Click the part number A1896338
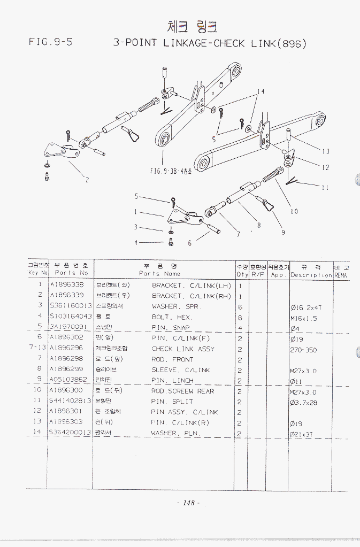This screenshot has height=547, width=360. pyautogui.click(x=66, y=285)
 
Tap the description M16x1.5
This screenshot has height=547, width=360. pyautogui.click(x=304, y=317)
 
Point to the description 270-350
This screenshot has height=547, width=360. pyautogui.click(x=303, y=349)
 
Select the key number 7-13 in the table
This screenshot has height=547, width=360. pyautogui.click(x=36, y=349)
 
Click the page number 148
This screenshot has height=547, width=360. pyautogui.click(x=188, y=503)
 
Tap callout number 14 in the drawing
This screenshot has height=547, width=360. pyautogui.click(x=260, y=92)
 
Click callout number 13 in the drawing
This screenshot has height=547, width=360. pyautogui.click(x=326, y=151)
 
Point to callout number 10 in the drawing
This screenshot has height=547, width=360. pyautogui.click(x=294, y=211)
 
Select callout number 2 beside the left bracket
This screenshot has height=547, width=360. pyautogui.click(x=87, y=179)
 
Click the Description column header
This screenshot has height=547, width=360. pyautogui.click(x=311, y=275)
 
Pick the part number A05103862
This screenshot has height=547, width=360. pyautogui.click(x=68, y=380)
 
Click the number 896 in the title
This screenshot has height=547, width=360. pyautogui.click(x=292, y=43)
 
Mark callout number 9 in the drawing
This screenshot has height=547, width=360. pyautogui.click(x=283, y=232)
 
